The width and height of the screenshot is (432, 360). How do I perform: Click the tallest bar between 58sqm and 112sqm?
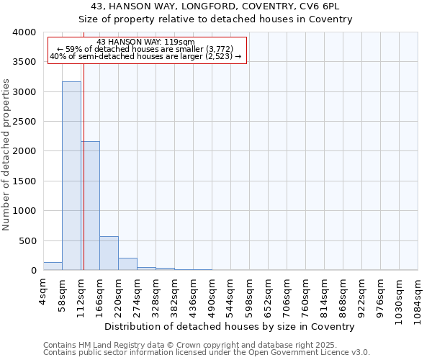(x=71, y=176)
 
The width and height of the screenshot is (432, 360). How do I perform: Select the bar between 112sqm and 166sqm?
(x=90, y=206)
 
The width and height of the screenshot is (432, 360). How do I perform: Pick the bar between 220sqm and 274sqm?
(x=127, y=264)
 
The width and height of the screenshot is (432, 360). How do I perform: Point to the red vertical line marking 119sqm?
(x=84, y=166)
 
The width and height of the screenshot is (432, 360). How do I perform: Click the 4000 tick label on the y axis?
(x=24, y=32)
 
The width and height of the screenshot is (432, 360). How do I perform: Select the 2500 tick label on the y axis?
(x=24, y=122)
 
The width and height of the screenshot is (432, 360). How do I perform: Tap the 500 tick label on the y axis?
(x=29, y=241)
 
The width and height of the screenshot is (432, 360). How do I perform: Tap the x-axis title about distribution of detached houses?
(x=235, y=326)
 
